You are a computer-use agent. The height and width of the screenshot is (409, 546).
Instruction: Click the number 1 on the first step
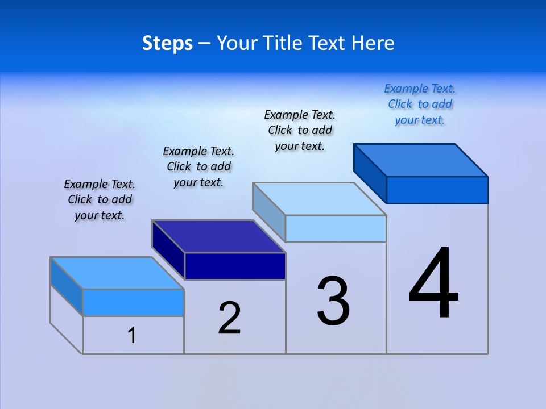coord(132,336)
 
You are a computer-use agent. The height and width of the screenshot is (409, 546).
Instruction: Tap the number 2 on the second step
coord(229,318)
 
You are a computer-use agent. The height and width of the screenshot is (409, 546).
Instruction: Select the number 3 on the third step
coord(333,302)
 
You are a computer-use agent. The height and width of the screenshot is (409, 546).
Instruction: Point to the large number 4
coord(433,284)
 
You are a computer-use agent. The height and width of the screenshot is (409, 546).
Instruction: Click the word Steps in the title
coord(167,43)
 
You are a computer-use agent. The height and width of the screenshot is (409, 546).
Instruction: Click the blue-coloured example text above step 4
coord(420,105)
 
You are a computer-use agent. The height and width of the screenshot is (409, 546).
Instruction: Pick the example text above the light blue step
coord(300,131)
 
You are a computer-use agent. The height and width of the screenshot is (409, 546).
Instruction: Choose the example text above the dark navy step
coord(198,166)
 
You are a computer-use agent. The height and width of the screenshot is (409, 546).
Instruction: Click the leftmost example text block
coord(100,199)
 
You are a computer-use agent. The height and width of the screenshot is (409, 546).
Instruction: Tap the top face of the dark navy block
coord(218,236)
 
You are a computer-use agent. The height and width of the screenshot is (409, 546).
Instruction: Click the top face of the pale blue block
coord(319,199)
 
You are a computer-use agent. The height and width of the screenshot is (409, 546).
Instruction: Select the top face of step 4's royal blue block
coord(421,160)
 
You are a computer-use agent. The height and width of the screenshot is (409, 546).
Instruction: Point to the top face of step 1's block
coord(117,273)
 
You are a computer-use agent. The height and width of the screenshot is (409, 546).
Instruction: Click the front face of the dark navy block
coord(235,266)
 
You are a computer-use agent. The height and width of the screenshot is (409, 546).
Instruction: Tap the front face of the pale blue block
coord(336,228)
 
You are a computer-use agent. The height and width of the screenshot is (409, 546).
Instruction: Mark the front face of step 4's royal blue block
coord(437,190)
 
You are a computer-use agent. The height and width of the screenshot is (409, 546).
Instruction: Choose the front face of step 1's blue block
coord(133,302)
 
